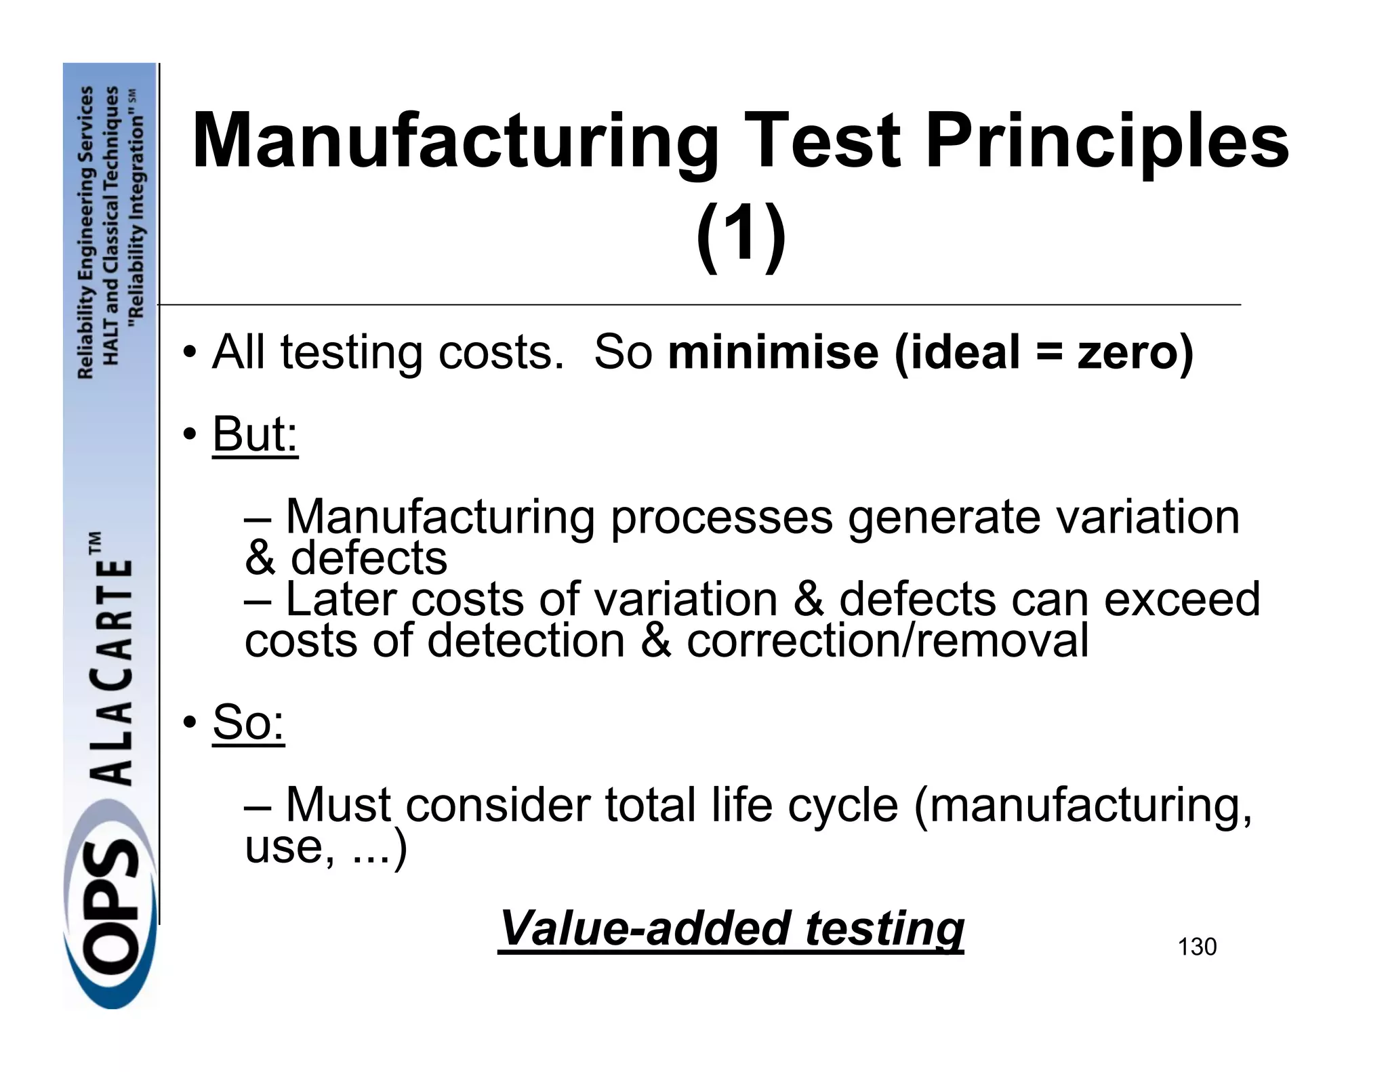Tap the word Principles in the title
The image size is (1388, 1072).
tap(1107, 141)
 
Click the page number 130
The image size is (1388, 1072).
tap(1197, 947)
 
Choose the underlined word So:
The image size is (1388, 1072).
tap(248, 722)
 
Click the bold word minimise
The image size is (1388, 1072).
tap(773, 352)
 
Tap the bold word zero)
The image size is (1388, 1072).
tap(1135, 352)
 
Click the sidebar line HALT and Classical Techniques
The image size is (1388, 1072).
tap(111, 224)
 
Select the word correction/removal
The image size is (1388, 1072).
tap(887, 640)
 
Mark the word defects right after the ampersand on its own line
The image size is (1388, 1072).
tap(369, 558)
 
